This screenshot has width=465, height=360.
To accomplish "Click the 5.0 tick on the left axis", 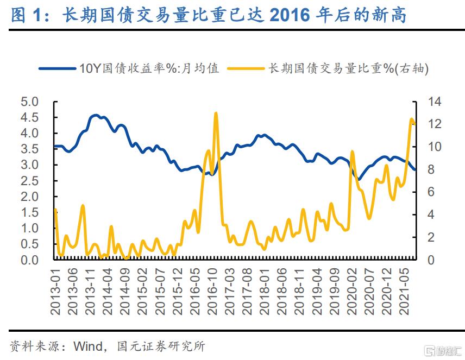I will point(30,102).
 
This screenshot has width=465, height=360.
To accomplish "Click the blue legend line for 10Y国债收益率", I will point(58,68).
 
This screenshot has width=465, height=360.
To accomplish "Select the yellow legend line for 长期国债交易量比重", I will point(244,68).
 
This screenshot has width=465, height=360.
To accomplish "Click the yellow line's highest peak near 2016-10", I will point(216,113).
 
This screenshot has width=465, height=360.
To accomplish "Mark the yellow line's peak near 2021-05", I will point(412,119).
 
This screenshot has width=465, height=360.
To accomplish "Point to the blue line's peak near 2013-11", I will point(95,115).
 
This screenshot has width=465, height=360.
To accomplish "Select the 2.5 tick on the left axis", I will point(30,181).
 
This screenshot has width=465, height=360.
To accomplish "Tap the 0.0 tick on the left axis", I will point(30,260).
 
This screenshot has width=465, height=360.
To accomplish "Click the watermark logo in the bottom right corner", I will point(440,350).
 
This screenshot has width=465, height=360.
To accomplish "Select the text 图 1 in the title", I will point(26,15).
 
